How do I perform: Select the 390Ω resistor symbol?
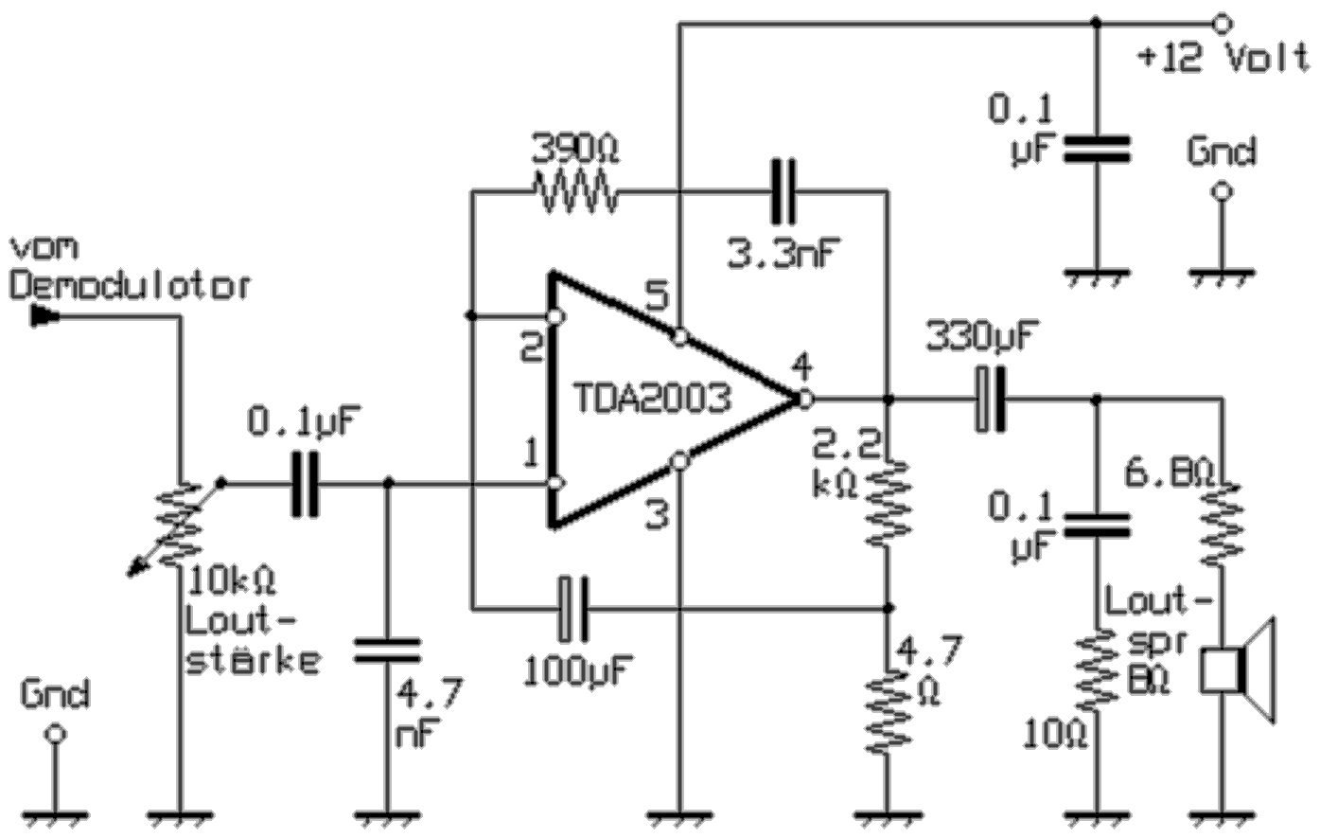pos(575,194)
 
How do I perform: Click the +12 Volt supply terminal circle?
pos(1222,23)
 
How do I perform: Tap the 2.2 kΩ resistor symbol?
pos(888,502)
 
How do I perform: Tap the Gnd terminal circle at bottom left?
pos(55,734)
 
